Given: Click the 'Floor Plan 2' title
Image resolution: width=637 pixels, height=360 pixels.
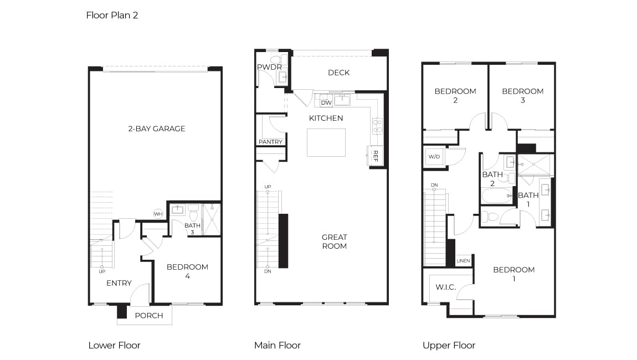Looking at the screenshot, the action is tap(112, 16).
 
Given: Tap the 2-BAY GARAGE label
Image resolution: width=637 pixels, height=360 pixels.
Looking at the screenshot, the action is tap(157, 129).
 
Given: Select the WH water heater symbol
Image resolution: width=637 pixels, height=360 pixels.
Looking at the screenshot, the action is tap(158, 214).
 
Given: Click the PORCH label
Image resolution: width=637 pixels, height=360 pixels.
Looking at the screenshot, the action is tap(149, 316).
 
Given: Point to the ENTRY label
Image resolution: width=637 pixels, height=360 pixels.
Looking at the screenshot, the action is tap(119, 283).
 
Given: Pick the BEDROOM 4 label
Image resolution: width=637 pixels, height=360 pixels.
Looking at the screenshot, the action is tap(187, 271).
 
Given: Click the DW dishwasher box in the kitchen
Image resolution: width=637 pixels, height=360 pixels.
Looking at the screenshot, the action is tap(326, 103).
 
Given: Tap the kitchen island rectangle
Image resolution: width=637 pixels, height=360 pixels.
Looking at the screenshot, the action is tap(326, 143).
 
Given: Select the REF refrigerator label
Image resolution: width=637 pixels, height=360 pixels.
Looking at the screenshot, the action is tap(376, 156).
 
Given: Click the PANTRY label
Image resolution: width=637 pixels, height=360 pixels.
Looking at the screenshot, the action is tap(270, 142).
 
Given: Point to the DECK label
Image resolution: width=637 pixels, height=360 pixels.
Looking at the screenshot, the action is tap(339, 73).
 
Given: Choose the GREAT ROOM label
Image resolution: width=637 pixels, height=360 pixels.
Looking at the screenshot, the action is tap(335, 241).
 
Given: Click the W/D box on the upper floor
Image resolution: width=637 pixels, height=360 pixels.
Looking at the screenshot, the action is tap(434, 157).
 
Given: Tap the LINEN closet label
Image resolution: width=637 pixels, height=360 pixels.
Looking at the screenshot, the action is tap(463, 261).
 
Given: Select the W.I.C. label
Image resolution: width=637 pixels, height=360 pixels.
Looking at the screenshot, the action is tap(446, 287).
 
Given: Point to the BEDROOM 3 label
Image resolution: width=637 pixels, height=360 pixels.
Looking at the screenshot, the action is tap(523, 95).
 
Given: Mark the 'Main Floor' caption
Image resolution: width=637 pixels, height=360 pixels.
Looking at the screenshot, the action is tap(278, 346).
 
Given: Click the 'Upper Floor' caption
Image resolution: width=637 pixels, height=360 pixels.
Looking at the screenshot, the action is tap(449, 346).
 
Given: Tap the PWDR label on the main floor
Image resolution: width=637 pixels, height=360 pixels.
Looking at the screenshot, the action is tap(269, 67).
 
